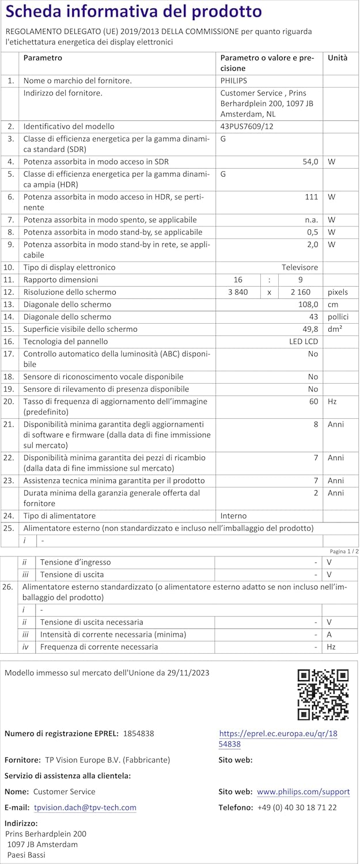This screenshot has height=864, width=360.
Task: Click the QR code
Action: [323, 695]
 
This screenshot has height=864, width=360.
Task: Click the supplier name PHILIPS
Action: [233, 81]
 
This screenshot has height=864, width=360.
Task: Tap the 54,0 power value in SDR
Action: [310, 162]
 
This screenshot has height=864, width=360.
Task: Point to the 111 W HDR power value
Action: [312, 197]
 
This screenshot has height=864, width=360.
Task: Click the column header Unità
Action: [338, 58]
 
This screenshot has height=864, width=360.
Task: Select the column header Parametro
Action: [43, 58]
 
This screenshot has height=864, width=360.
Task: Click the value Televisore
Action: [300, 267]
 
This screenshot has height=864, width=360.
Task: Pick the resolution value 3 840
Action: [238, 292]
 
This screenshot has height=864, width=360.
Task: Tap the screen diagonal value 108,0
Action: [307, 304]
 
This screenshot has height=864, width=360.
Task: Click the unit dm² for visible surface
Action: [335, 329]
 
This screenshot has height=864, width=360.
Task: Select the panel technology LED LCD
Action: [303, 342]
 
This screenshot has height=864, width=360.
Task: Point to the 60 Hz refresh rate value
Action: [313, 401]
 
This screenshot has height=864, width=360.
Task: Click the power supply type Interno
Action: [233, 516]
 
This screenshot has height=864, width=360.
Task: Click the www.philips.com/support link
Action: [303, 791]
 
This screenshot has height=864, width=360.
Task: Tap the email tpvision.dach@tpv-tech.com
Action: [85, 808]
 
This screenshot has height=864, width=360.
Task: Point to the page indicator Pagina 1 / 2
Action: [344, 551]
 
